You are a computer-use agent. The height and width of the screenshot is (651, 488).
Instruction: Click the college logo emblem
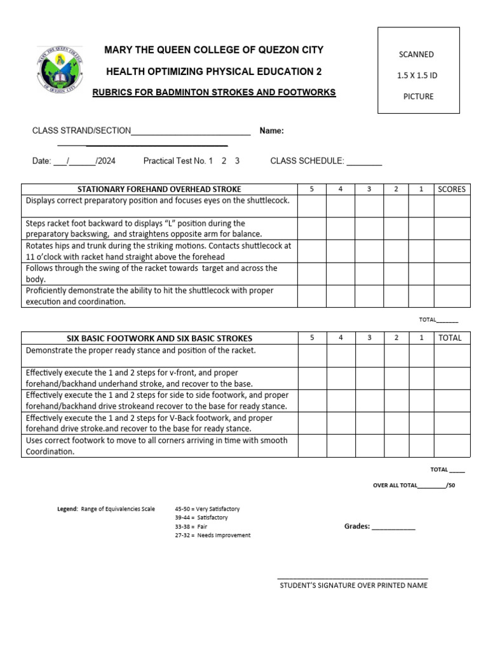[60, 71]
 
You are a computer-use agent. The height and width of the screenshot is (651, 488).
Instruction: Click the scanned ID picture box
[418, 71]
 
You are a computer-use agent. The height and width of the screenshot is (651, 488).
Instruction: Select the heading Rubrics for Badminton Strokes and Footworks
[214, 92]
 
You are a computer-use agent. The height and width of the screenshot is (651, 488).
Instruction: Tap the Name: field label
[271, 131]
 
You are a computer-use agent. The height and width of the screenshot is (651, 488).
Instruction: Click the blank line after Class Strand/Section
[191, 132]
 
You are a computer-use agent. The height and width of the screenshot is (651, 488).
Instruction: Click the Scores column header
[451, 189]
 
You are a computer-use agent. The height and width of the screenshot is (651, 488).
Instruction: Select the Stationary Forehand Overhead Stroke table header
[159, 189]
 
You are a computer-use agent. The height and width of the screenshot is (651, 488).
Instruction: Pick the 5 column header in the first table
[312, 189]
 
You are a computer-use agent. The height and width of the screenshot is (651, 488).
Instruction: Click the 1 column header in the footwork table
[421, 338]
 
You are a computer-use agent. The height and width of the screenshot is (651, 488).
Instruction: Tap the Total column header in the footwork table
[451, 338]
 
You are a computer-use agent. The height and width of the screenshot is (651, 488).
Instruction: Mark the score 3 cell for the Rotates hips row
[369, 250]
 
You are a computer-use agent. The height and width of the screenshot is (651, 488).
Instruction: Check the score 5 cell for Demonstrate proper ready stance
[312, 355]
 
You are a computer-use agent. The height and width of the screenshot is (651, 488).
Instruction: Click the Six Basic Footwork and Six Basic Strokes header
[159, 338]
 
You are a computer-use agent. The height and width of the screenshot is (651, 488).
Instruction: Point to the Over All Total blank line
[431, 486]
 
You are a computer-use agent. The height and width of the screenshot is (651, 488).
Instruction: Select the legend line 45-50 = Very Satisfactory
[207, 509]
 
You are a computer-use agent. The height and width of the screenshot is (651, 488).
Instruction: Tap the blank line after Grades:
[393, 528]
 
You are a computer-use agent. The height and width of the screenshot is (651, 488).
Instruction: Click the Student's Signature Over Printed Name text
[353, 586]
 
